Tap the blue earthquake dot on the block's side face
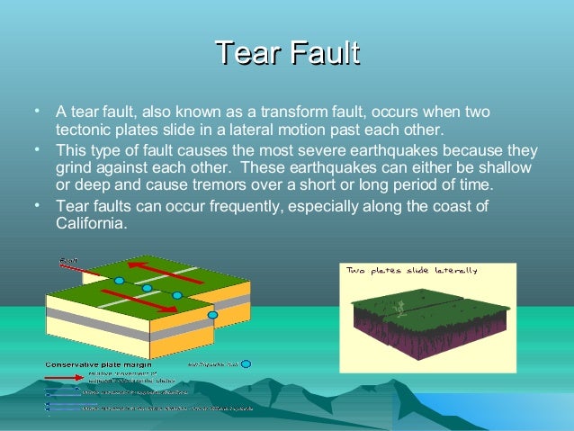pos(212,316)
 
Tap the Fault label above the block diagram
pos(68,261)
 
